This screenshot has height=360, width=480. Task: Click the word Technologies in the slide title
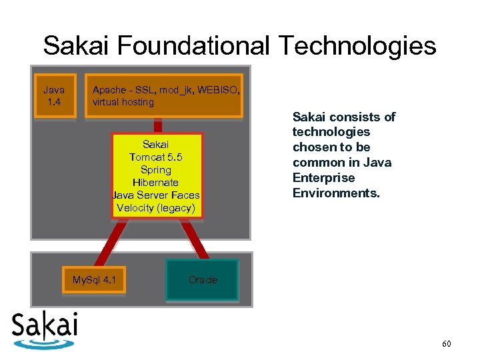[357, 46]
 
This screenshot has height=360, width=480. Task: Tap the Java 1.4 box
[54, 96]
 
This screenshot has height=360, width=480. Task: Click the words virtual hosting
[123, 102]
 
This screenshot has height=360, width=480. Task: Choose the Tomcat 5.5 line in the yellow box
[156, 157]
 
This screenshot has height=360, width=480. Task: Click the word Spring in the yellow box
[156, 170]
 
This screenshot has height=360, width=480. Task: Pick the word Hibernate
[156, 182]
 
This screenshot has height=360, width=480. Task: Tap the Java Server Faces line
[156, 195]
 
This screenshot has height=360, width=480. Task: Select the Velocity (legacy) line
[156, 207]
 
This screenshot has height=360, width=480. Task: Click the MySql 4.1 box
[94, 279]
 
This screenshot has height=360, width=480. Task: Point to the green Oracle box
[203, 280]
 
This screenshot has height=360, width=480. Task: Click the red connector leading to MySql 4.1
[108, 243]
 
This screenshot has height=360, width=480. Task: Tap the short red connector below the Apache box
[159, 126]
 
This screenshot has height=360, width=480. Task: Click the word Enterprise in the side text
[323, 178]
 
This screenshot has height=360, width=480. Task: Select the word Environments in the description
[335, 193]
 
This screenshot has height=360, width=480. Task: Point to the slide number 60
[446, 343]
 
